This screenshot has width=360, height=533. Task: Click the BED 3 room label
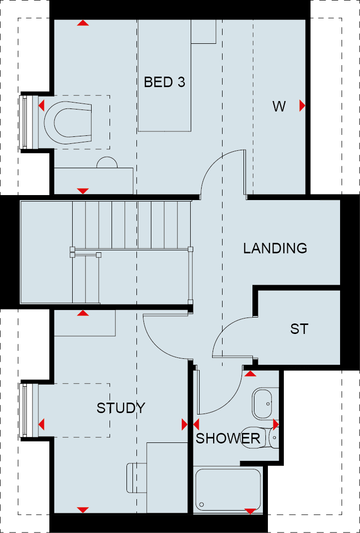[x=164, y=82]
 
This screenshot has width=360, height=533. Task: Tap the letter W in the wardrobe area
[x=279, y=107]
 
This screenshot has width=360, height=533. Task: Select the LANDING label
[x=275, y=248]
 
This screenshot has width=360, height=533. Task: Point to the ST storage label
[x=299, y=328]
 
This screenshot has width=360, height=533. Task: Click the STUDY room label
[x=120, y=408]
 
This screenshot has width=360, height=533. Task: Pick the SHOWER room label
[x=228, y=438]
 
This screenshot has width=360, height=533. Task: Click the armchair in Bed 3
[x=68, y=122]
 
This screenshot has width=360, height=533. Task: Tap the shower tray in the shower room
[x=228, y=490]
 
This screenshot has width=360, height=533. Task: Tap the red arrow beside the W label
[x=302, y=106]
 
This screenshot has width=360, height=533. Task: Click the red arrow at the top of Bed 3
[x=83, y=23]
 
